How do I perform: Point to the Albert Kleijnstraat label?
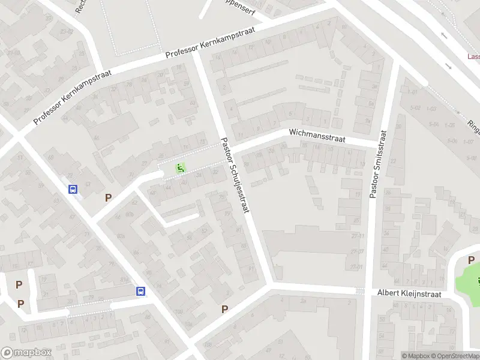click(409, 293)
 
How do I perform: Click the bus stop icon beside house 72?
click(73, 190)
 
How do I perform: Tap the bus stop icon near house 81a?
click(140, 291)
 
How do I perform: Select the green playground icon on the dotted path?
click(179, 169)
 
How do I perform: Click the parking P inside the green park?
click(471, 260)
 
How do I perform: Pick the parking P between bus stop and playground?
click(109, 197)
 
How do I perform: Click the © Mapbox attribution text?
click(416, 356)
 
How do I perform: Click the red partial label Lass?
click(473, 57)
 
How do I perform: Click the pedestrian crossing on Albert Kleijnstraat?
click(360, 290)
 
